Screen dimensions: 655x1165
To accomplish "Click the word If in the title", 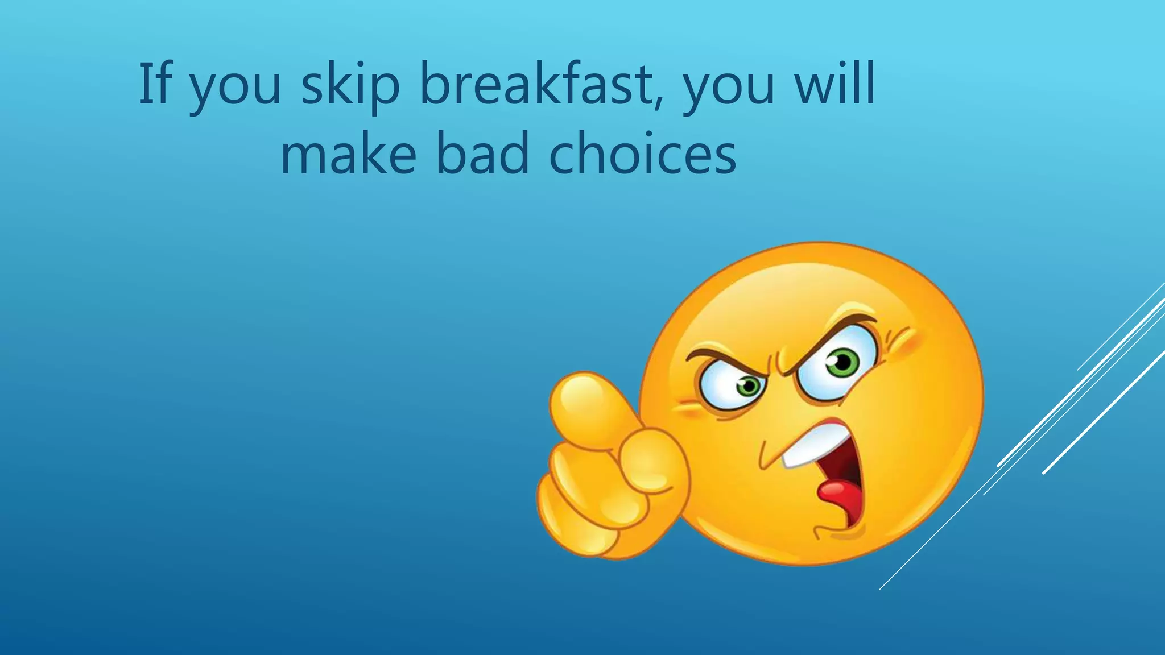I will coord(155,84).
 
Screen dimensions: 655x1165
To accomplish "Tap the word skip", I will coord(350,85).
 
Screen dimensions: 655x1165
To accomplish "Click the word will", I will coord(834,84).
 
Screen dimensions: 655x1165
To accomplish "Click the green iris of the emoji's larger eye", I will coord(842,362).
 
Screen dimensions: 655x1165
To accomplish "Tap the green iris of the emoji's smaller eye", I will coord(749,387).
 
